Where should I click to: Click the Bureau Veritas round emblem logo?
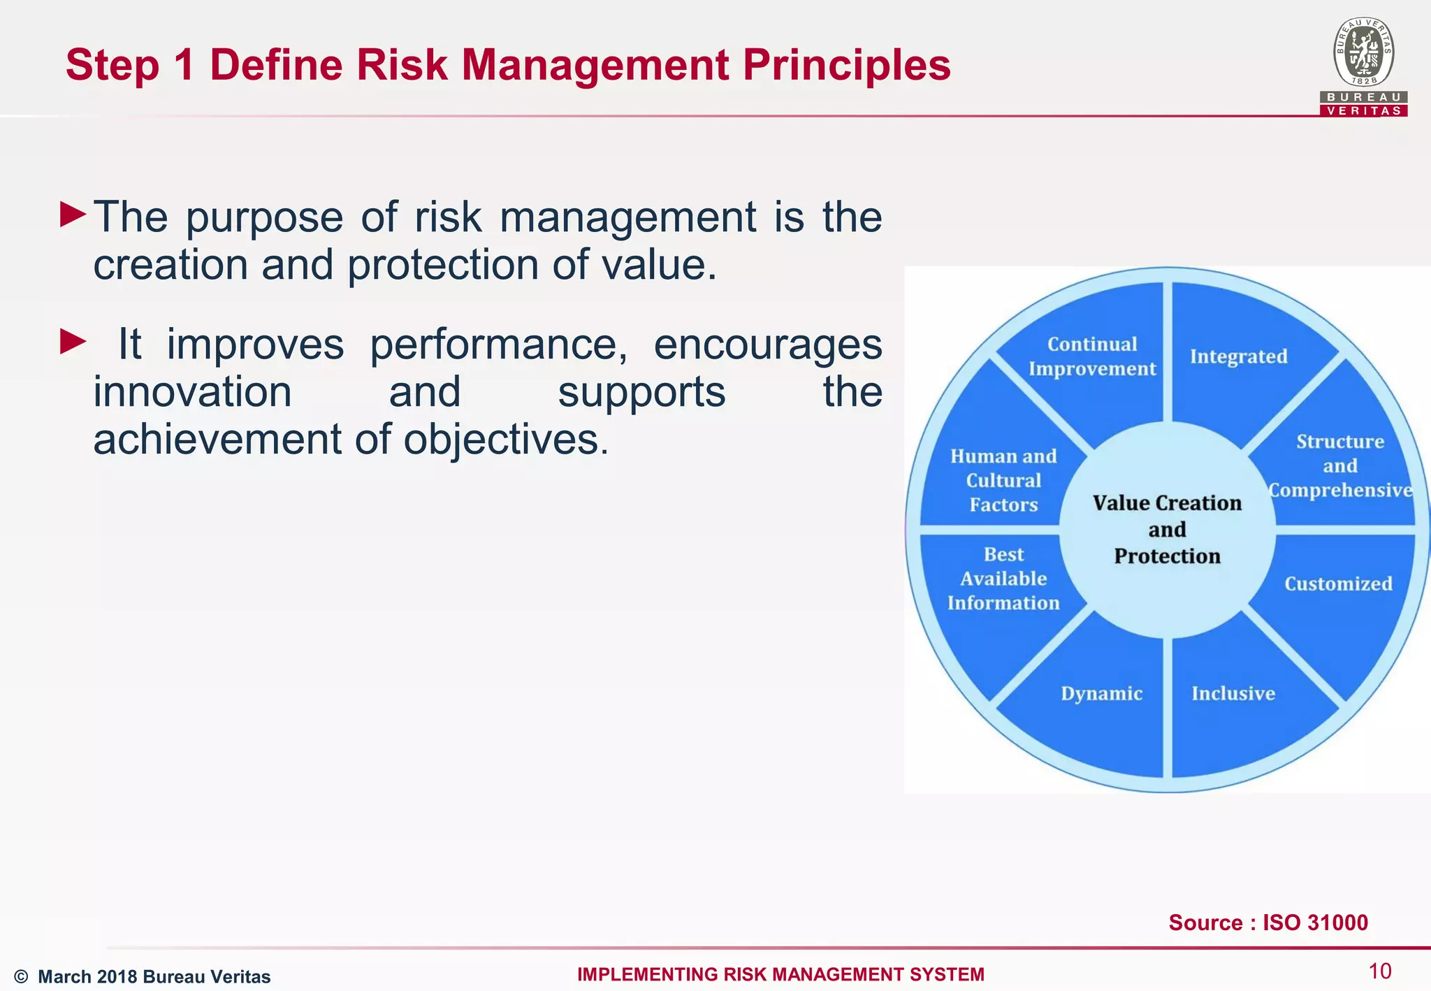1363,52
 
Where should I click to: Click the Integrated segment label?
1238,356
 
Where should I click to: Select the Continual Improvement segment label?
1092,356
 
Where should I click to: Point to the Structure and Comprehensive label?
1339,466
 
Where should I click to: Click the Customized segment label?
1338,584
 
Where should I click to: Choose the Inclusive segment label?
1233,693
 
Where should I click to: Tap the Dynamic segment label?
1102,693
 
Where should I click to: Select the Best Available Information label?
1003,579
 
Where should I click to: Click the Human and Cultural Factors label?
1003,481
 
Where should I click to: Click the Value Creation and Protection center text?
1167,530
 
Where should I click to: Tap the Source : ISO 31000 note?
1268,923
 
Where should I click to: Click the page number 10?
1379,971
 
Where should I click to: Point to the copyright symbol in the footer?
21,976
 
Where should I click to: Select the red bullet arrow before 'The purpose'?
73,215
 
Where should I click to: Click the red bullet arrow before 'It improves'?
73,342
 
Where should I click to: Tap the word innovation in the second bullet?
193,392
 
